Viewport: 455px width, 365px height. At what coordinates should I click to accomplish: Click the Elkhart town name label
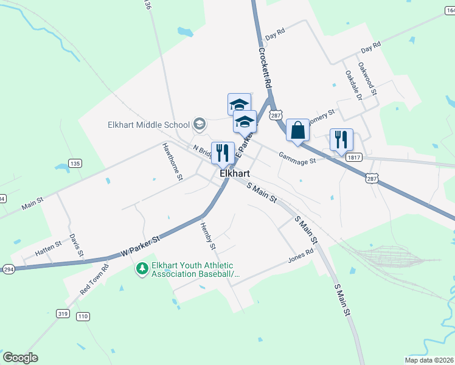click(234, 173)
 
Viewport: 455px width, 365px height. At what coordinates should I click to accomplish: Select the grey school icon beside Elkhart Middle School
click(198, 125)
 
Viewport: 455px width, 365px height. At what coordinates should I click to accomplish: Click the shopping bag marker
click(297, 130)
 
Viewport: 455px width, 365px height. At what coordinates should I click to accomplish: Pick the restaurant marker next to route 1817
click(341, 139)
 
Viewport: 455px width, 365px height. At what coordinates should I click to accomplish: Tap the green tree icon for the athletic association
click(142, 268)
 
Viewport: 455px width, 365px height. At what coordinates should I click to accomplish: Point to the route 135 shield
click(75, 164)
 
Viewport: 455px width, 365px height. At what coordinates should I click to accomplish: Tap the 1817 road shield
click(354, 158)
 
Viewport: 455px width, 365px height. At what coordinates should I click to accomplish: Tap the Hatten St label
click(48, 246)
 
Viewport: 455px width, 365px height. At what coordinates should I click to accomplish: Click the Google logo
click(20, 357)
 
